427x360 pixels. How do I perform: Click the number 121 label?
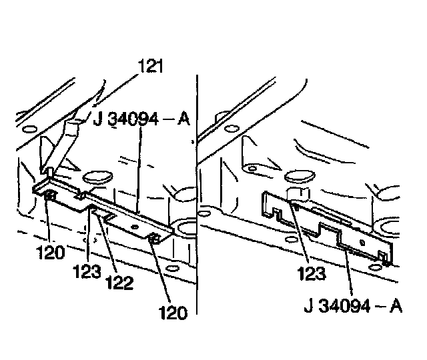pos(150,66)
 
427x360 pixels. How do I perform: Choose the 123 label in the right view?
pos(310,273)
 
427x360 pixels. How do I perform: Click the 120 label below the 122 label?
pos(173,312)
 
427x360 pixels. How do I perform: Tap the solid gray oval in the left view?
pos(97,178)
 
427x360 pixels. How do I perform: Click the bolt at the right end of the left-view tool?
pos(153,239)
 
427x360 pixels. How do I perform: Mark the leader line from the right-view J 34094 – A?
pos(348,273)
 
